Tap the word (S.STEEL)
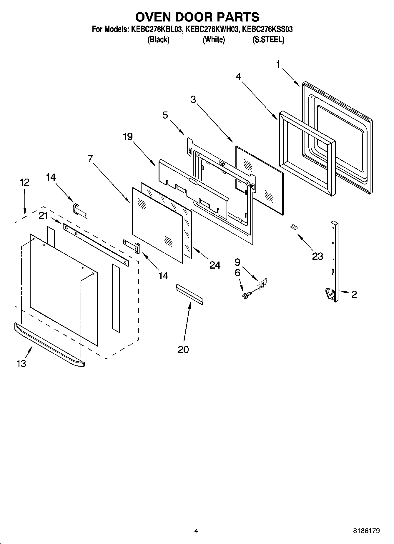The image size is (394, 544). click(268, 40)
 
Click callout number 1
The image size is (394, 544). click(278, 64)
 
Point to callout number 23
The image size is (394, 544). click(317, 256)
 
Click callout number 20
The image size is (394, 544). click(183, 350)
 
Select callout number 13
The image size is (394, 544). click(21, 364)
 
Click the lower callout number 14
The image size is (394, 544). click(163, 276)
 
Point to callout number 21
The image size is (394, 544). click(43, 216)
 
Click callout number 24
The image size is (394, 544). click(215, 265)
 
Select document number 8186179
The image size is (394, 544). click(366, 531)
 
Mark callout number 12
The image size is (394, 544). click(24, 182)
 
